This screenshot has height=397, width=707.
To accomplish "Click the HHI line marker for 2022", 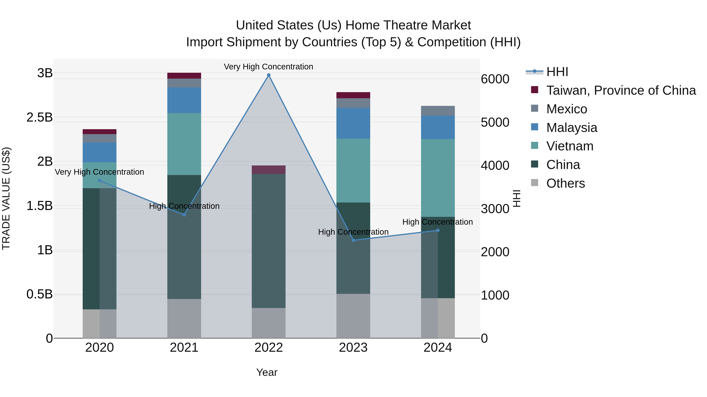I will pos(269,75).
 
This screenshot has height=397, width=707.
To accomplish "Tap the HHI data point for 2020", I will pos(100,181).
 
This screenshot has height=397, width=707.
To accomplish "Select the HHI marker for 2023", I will pos(353,240).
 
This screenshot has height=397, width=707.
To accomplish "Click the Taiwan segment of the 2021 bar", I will pos(184,76).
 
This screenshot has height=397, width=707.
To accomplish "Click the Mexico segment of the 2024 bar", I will pos(438,111).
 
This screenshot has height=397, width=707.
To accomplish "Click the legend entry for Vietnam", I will pos(570,146).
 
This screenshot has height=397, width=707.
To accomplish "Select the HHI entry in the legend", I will pos(557,72).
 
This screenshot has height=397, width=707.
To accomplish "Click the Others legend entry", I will pos(565,183).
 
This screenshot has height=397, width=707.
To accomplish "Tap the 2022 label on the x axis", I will pos(269,347).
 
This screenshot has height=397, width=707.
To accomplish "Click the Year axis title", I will pos(267,372).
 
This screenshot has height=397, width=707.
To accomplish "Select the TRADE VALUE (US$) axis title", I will pos(6,198).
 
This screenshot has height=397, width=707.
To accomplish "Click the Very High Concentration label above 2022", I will pos(268,67).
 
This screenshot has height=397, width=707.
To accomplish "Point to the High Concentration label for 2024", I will pos(438,222).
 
